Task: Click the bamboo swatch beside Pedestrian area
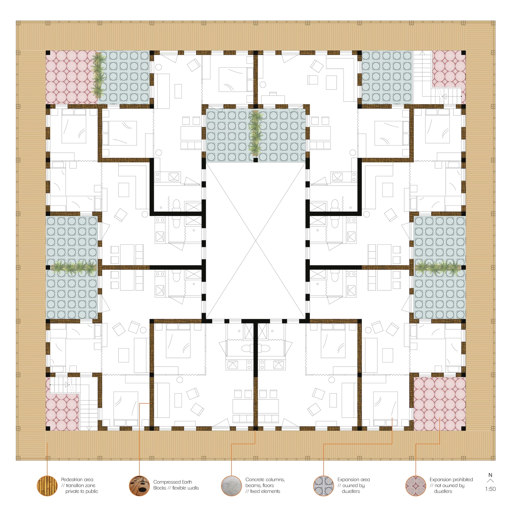[47, 486]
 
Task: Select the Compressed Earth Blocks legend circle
[139, 486]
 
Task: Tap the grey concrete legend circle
[231, 486]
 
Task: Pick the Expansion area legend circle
[324, 486]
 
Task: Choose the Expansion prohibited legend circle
[416, 486]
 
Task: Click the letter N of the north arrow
[491, 475]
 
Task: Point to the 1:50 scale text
[491, 489]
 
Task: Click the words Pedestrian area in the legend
[77, 480]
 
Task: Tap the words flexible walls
[186, 488]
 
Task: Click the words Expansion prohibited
[451, 480]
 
